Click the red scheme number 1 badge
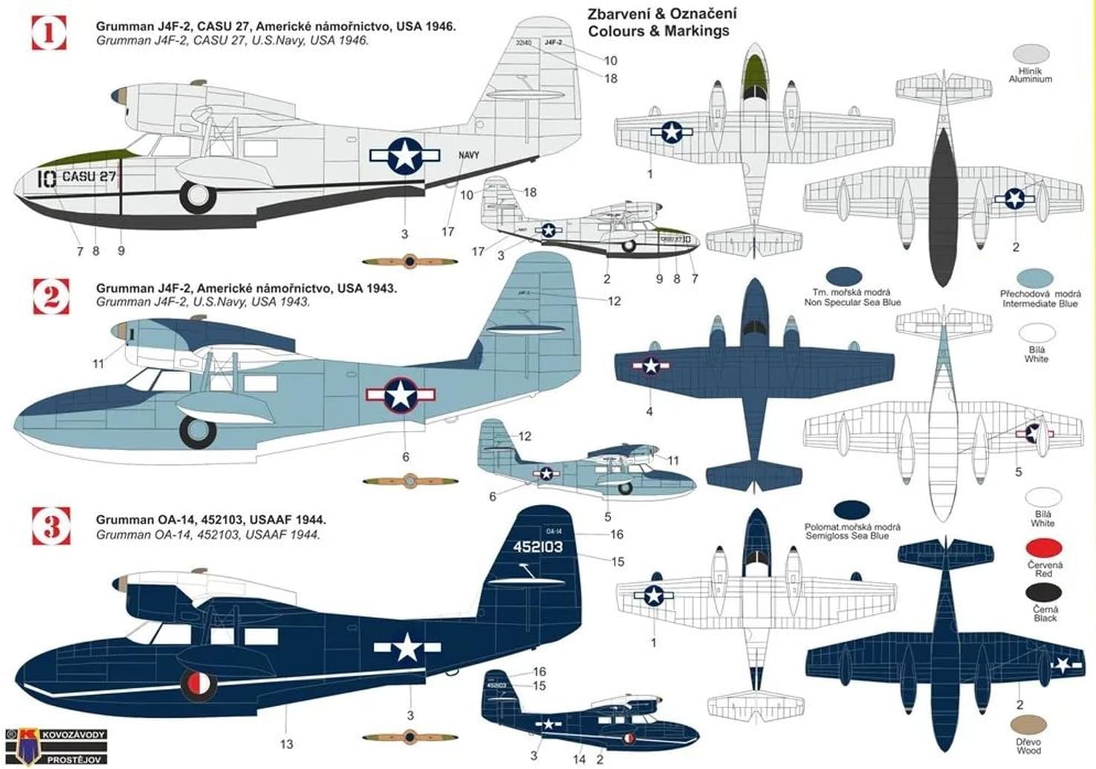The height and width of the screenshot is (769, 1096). (x=49, y=33)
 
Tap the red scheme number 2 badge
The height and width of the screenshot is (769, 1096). (x=51, y=296)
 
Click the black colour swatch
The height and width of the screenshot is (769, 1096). (x=1044, y=592)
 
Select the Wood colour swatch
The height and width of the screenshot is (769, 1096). (x=1029, y=725)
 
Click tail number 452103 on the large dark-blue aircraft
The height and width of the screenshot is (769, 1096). (x=538, y=547)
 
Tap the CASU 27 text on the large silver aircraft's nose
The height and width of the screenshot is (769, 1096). (x=89, y=177)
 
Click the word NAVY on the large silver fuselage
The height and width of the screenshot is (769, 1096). (x=469, y=155)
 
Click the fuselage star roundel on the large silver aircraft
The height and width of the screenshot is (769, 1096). (x=405, y=156)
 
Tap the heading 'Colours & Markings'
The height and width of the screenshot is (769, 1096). (x=658, y=31)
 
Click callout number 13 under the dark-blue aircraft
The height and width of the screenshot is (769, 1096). (x=287, y=744)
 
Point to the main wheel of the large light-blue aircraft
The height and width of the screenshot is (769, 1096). (x=197, y=432)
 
